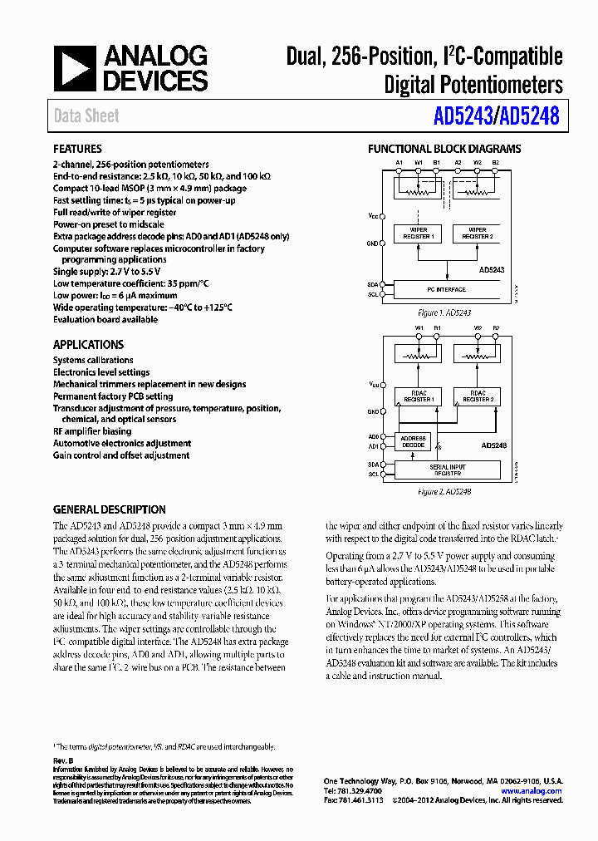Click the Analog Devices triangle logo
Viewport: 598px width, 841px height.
[x=75, y=68]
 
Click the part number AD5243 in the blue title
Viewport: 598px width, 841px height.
[x=463, y=116]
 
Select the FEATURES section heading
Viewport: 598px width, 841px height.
[x=77, y=150]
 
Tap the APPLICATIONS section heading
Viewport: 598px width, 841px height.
[x=88, y=345]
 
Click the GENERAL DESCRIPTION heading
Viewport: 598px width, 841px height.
[x=109, y=509]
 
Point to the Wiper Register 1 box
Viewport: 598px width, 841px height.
[x=419, y=233]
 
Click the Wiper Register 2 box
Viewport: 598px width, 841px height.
[x=477, y=233]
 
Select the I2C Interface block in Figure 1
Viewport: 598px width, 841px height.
[x=447, y=290]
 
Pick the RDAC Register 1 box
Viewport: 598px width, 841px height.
[x=419, y=396]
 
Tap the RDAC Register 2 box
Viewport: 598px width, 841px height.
[x=477, y=396]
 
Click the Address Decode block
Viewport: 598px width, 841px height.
[x=413, y=441]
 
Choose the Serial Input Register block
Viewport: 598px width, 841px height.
[x=447, y=470]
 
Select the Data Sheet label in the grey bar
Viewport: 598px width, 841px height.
[x=86, y=116]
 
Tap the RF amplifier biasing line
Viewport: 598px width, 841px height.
[x=92, y=431]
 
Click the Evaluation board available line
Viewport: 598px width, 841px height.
[x=105, y=319]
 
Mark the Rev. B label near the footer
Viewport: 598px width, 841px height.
[x=64, y=761]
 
